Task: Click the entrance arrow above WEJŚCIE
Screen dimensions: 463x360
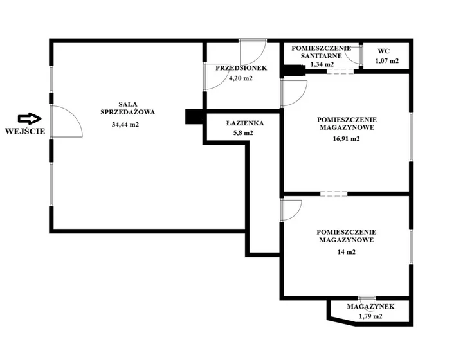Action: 30,119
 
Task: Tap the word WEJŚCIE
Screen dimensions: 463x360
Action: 25,131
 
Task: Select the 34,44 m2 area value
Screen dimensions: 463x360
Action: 125,125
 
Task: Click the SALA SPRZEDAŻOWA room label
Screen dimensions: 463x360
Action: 127,108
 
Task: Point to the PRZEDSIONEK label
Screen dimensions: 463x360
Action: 241,68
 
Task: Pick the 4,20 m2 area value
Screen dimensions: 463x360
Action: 241,78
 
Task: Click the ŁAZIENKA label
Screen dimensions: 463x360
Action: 245,123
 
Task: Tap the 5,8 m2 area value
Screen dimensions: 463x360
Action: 243,133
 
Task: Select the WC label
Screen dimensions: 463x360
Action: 383,51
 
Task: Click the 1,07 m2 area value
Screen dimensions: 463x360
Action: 387,61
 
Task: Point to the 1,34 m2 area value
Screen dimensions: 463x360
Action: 322,64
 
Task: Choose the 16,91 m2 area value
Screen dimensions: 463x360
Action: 347,139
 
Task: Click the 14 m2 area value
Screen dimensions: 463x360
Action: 347,252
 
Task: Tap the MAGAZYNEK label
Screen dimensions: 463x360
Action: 370,307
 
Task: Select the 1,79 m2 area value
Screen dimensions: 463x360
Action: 370,316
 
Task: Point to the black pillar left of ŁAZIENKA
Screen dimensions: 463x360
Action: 194,116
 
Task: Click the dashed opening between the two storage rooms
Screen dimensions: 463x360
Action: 334,194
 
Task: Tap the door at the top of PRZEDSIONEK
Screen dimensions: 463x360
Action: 253,52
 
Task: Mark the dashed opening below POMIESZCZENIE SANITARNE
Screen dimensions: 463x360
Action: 340,71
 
